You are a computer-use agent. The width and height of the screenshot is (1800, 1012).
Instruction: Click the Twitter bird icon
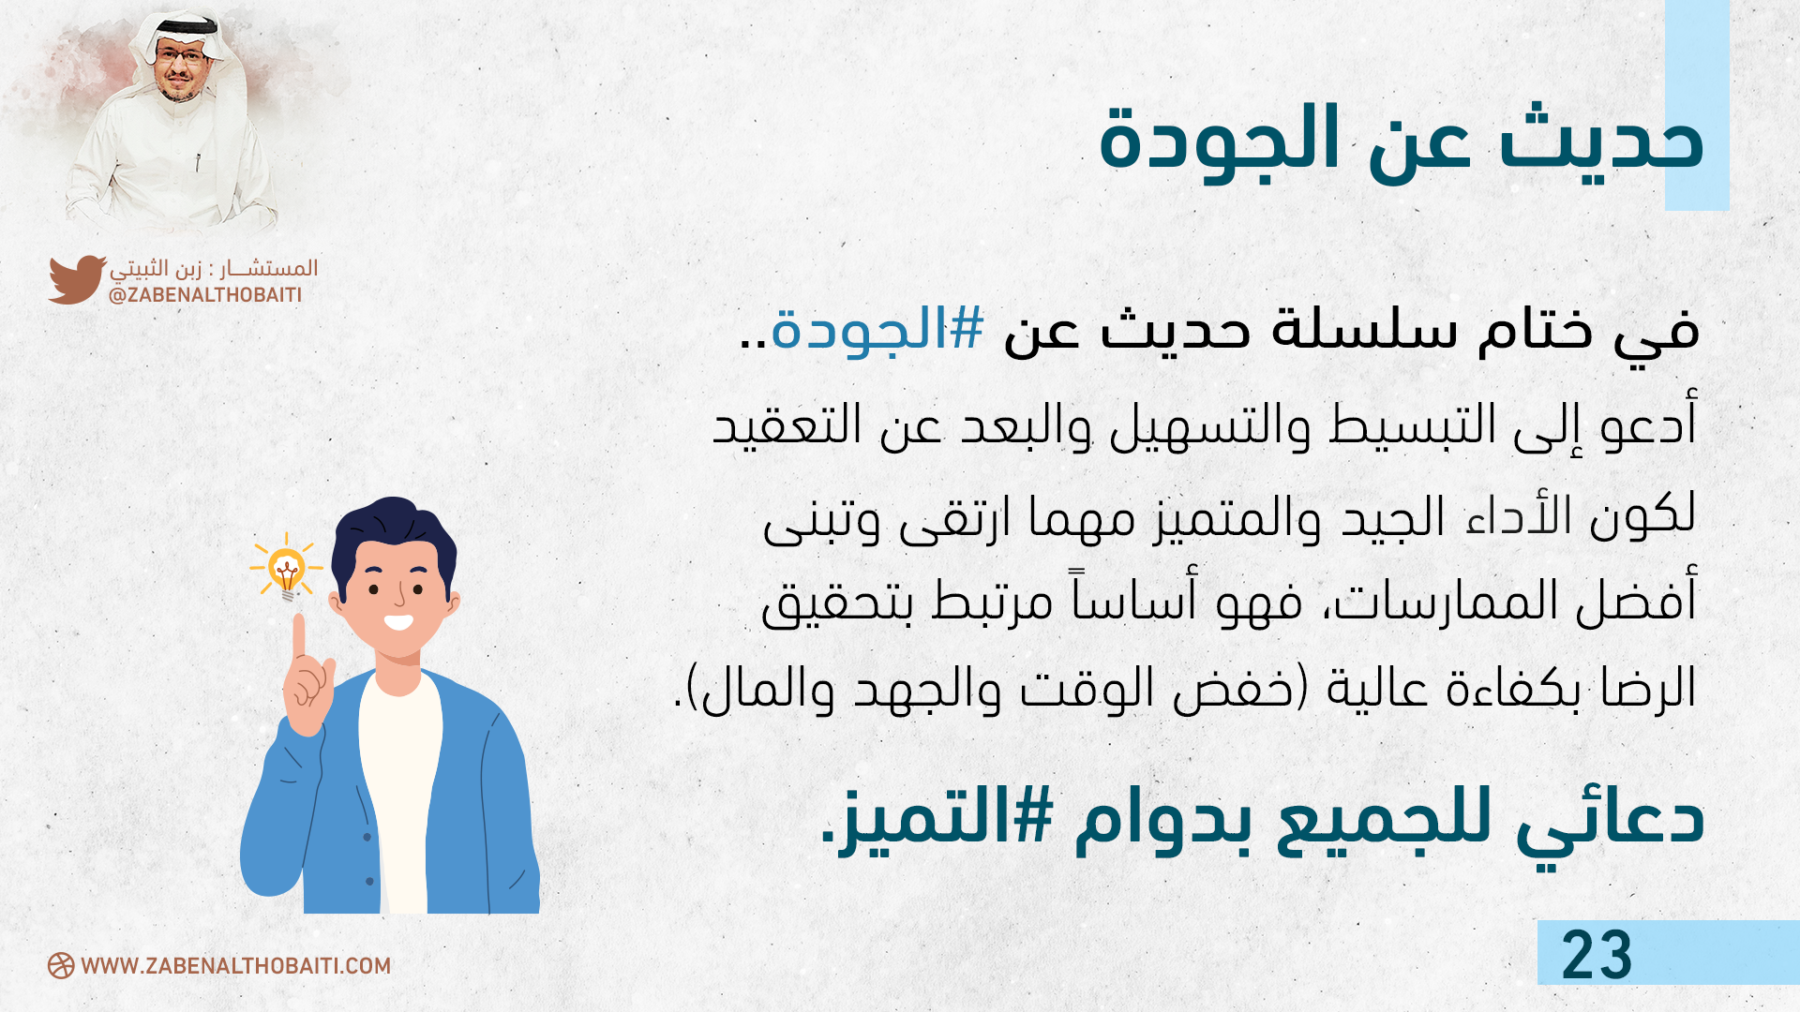(x=77, y=279)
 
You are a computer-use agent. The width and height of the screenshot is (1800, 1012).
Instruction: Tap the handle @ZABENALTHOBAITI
(x=205, y=295)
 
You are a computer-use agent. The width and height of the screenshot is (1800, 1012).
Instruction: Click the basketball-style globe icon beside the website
(x=61, y=966)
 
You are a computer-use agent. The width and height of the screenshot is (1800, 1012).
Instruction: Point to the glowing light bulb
(x=286, y=569)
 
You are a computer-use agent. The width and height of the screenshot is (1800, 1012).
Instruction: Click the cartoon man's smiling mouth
(x=398, y=621)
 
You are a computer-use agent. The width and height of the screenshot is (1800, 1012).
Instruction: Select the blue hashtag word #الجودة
(x=877, y=330)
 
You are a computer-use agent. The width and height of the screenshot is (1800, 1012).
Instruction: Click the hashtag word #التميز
(x=946, y=817)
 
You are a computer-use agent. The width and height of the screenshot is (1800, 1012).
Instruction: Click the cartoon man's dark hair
(x=394, y=534)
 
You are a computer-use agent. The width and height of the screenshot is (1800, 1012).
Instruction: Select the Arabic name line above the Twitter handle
(x=214, y=269)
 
